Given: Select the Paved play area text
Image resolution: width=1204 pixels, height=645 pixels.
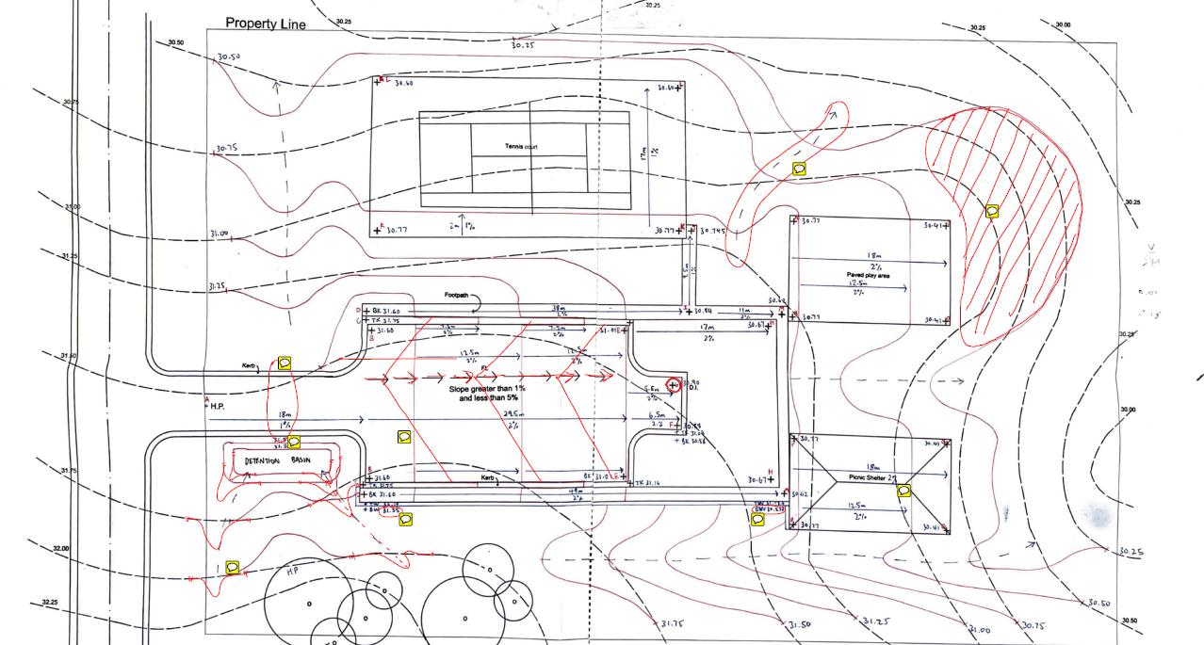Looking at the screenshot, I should point(868,275).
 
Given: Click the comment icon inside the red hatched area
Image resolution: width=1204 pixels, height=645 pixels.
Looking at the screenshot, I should point(992,212).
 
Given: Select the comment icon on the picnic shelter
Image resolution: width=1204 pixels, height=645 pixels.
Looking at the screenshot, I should point(903,491).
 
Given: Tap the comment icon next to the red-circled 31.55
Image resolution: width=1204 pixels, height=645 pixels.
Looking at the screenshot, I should point(407,518).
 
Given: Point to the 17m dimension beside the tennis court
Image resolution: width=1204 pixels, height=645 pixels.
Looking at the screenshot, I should point(642,151).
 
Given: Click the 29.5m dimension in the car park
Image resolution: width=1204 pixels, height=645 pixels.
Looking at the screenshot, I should point(513,413).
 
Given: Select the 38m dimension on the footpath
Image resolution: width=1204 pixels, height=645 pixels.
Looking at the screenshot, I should point(559,308).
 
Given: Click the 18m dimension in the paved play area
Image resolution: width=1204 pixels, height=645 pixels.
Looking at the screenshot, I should point(872,255).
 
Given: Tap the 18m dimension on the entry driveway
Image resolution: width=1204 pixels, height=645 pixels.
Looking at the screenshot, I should point(285,414).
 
